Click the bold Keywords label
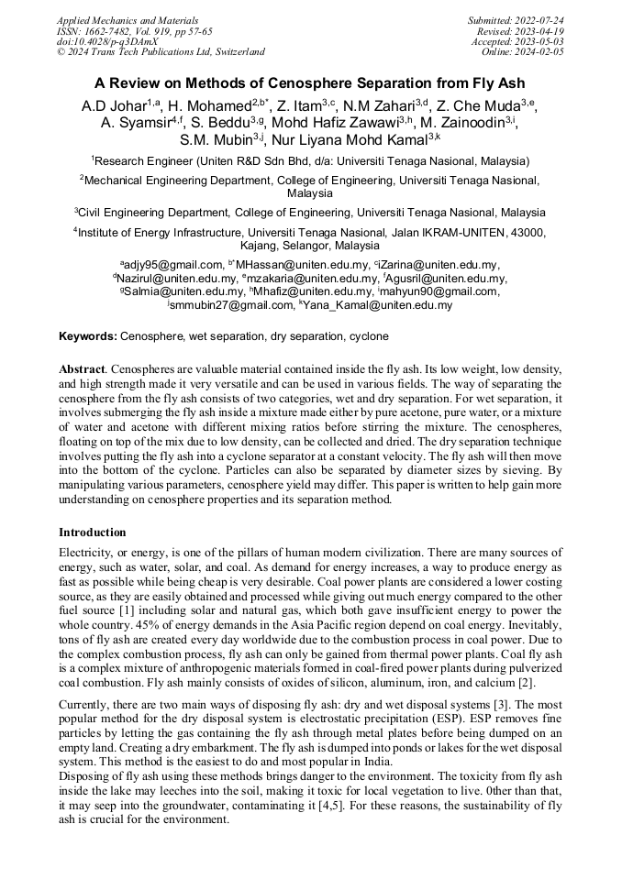[x=87, y=336]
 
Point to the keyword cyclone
[x=369, y=336]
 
